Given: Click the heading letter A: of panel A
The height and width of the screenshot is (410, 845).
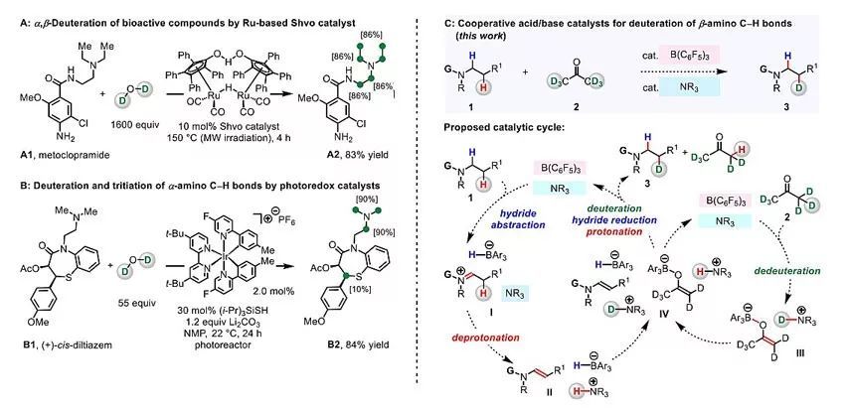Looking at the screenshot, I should [x=11, y=9].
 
